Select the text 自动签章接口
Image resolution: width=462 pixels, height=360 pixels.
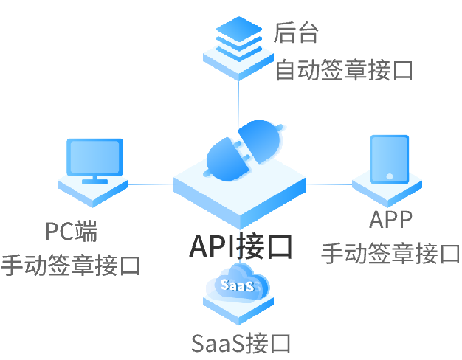pyautogui.click(x=344, y=71)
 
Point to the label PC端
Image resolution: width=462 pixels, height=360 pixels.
pyautogui.click(x=71, y=232)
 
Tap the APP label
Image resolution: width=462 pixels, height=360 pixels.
pyautogui.click(x=391, y=219)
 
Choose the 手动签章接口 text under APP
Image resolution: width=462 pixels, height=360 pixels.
pyautogui.click(x=391, y=253)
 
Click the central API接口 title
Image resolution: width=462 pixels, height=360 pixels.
pyautogui.click(x=241, y=246)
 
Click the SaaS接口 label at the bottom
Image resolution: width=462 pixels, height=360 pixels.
pyautogui.click(x=241, y=343)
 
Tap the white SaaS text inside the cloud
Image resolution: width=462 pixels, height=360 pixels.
pyautogui.click(x=238, y=285)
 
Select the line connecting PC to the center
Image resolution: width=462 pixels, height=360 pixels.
pyautogui.click(x=151, y=184)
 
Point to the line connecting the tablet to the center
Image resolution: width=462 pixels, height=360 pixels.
pyautogui.click(x=329, y=184)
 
